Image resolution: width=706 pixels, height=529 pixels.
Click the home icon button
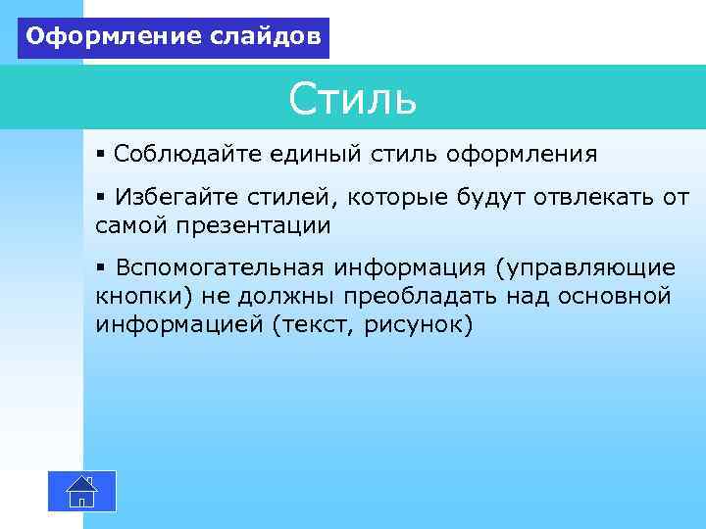[82, 491]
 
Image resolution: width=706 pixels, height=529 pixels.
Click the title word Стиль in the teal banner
[353, 100]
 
